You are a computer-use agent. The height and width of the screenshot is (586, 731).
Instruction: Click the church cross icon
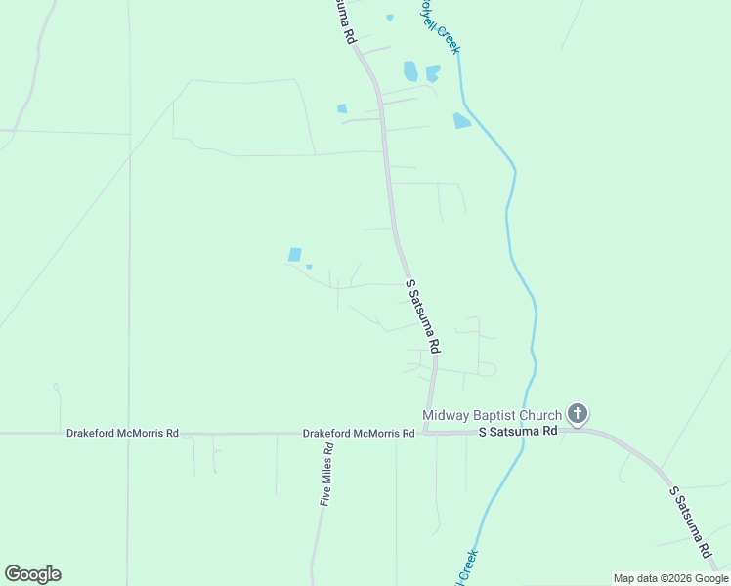click(578, 414)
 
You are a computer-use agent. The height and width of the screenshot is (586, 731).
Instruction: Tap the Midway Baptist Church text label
click(492, 415)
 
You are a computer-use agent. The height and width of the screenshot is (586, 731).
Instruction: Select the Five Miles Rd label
click(327, 478)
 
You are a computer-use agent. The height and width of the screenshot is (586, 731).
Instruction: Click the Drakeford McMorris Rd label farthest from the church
click(122, 433)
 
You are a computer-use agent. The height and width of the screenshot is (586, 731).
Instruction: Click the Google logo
click(32, 574)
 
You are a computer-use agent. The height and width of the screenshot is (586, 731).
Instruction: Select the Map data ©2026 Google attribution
click(670, 578)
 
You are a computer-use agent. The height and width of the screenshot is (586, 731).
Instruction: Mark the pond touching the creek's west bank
click(461, 121)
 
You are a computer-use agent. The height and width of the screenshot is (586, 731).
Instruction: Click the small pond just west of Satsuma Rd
click(342, 108)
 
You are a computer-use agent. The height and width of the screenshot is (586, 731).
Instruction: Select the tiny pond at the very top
click(390, 18)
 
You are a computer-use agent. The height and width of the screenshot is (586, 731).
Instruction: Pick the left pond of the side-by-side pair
click(410, 71)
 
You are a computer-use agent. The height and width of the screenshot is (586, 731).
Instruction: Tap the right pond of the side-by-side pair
click(432, 73)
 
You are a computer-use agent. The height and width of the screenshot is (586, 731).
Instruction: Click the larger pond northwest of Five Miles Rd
click(295, 255)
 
